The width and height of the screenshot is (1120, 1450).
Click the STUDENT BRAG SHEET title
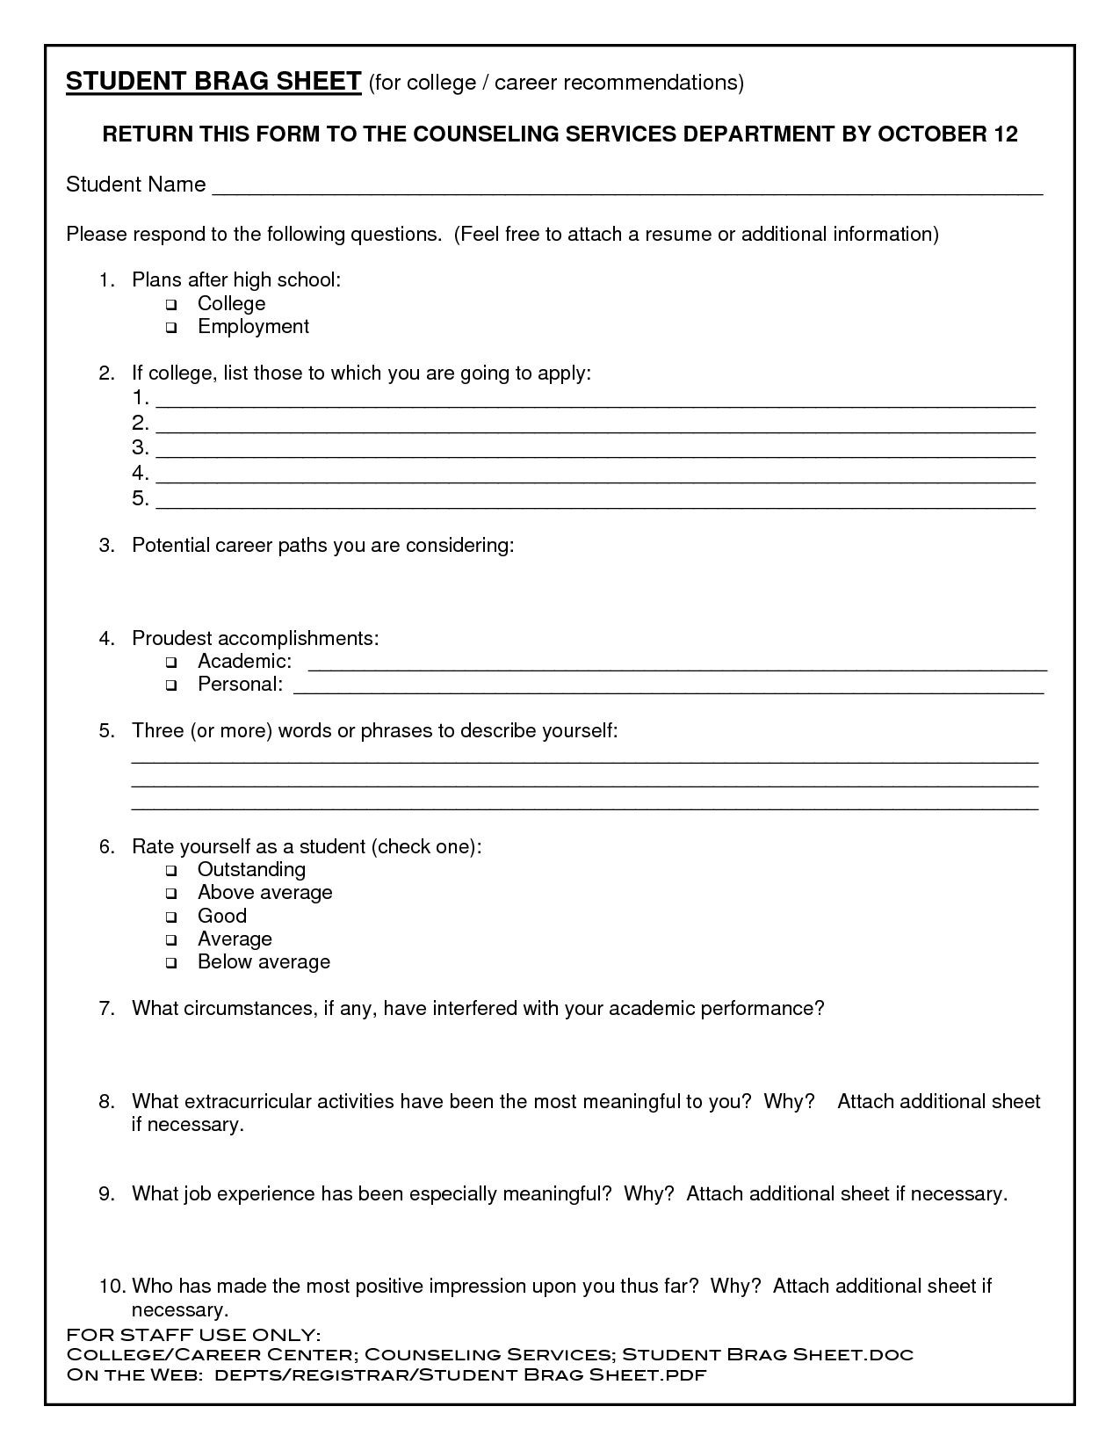(213, 82)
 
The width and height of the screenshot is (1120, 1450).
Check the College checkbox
(170, 305)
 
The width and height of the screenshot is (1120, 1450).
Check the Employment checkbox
(170, 328)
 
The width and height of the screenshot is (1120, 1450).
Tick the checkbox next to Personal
(170, 685)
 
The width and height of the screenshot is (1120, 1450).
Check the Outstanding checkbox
(170, 871)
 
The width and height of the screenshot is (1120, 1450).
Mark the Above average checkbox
(170, 894)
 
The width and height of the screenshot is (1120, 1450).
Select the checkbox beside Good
(170, 917)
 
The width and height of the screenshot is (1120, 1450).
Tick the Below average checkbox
(170, 963)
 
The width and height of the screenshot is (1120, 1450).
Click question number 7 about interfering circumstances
(478, 1008)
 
